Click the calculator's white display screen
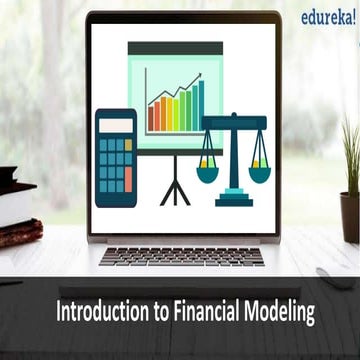coord(115,124)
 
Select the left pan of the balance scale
coord(207,173)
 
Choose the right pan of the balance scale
coord(258,173)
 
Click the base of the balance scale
coord(232,199)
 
